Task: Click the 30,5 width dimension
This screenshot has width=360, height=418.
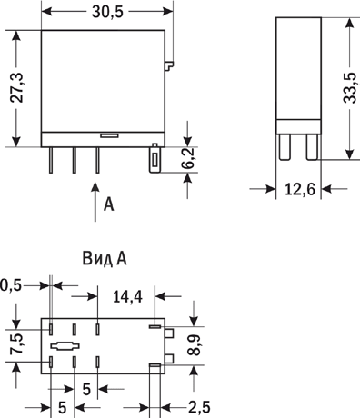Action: [x=107, y=12]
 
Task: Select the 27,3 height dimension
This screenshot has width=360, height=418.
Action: [x=17, y=88]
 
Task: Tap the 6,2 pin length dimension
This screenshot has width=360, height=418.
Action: [x=189, y=159]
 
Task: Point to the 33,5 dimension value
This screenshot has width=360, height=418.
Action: [x=350, y=88]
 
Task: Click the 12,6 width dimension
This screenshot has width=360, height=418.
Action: [x=300, y=190]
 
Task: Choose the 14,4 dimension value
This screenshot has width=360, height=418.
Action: [x=127, y=296]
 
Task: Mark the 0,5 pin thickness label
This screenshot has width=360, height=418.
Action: [x=11, y=285]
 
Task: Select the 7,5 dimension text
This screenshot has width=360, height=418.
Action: [x=16, y=344]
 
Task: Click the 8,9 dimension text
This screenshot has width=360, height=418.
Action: [x=194, y=345]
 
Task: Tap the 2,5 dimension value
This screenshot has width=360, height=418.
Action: [x=199, y=407]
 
